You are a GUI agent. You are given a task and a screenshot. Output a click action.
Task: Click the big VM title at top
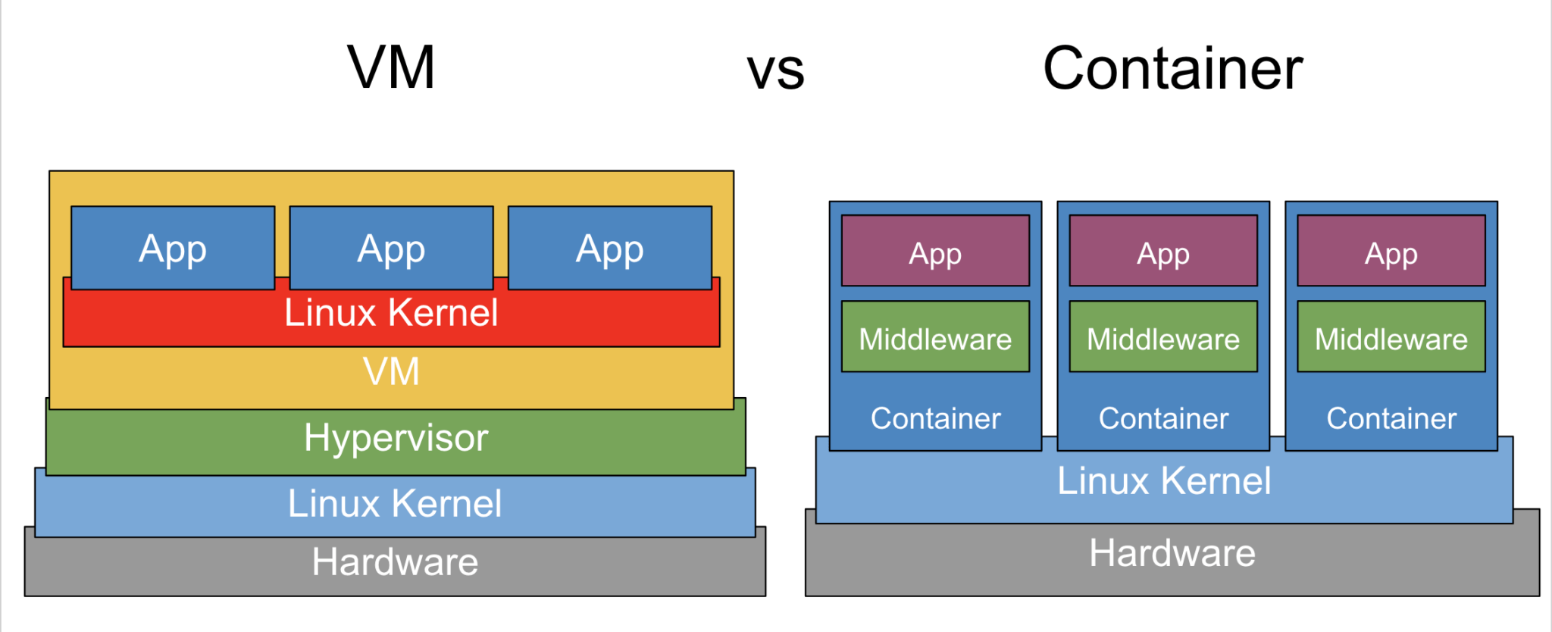click(x=391, y=68)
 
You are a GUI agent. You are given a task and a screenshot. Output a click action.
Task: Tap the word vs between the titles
click(x=775, y=71)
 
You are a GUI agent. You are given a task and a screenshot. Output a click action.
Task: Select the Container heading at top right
click(x=1172, y=68)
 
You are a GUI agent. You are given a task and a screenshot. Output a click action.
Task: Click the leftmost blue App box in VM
click(x=173, y=249)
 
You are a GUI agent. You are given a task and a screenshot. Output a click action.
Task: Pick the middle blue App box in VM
click(x=391, y=249)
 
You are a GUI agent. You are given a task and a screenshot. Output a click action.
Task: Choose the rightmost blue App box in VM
click(x=609, y=249)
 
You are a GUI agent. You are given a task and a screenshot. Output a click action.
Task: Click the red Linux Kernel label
click(x=391, y=313)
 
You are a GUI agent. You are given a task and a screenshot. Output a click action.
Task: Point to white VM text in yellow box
click(x=391, y=371)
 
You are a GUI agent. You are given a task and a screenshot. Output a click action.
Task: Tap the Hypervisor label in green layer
click(x=396, y=438)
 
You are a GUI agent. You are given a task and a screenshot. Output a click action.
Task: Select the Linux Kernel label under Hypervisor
click(x=394, y=504)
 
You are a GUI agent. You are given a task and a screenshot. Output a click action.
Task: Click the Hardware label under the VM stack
click(x=395, y=562)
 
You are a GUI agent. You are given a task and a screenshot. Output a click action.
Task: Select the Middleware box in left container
click(x=935, y=338)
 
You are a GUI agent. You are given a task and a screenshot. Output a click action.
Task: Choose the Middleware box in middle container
click(x=1163, y=338)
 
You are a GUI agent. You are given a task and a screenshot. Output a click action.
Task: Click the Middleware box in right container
click(x=1391, y=338)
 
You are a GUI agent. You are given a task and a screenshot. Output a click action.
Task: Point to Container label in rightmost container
click(x=1391, y=418)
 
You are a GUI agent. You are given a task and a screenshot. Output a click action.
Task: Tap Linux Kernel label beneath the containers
click(x=1164, y=481)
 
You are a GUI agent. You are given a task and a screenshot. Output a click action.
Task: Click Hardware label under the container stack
click(x=1172, y=553)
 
